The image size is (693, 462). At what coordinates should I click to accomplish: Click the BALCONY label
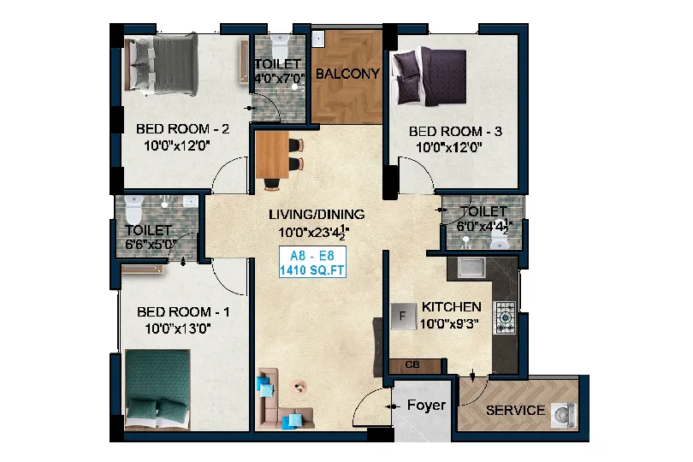pyautogui.click(x=347, y=74)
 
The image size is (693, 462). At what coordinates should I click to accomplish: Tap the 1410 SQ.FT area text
pyautogui.click(x=312, y=270)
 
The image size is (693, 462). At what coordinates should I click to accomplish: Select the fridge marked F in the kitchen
pyautogui.click(x=404, y=317)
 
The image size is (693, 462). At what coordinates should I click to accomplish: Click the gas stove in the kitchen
pyautogui.click(x=505, y=317)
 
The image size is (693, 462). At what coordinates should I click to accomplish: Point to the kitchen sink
pyautogui.click(x=471, y=268)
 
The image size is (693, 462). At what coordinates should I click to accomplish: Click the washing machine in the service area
pyautogui.click(x=564, y=415)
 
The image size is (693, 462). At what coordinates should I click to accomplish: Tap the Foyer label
pyautogui.click(x=426, y=405)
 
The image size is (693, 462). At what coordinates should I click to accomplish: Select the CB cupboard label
pyautogui.click(x=412, y=365)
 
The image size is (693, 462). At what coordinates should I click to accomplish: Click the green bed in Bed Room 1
pyautogui.click(x=157, y=389)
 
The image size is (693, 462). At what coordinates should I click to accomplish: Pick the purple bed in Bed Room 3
pyautogui.click(x=429, y=76)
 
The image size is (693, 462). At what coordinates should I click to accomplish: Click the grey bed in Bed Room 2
pyautogui.click(x=162, y=64)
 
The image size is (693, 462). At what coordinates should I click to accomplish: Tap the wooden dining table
pyautogui.click(x=272, y=155)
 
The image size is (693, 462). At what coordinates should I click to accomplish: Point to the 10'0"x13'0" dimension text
pyautogui.click(x=178, y=329)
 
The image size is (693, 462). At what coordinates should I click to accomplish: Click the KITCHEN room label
pyautogui.click(x=451, y=307)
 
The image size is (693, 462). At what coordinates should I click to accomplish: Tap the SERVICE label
pyautogui.click(x=515, y=411)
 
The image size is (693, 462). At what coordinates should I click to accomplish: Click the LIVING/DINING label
pyautogui.click(x=317, y=215)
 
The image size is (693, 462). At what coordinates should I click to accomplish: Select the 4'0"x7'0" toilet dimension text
pyautogui.click(x=279, y=79)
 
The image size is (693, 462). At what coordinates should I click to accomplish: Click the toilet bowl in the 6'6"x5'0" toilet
pyautogui.click(x=133, y=209)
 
